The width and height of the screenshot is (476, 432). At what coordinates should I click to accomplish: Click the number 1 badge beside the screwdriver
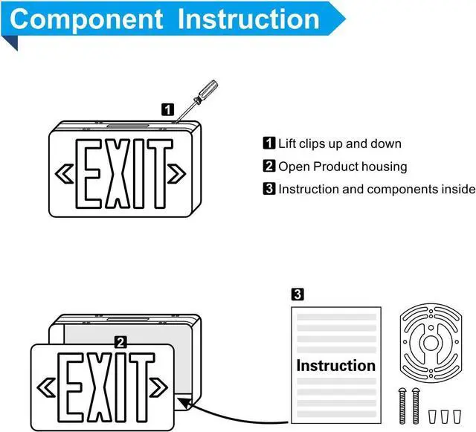[x=168, y=109]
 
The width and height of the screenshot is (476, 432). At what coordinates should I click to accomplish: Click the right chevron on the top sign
[x=177, y=173]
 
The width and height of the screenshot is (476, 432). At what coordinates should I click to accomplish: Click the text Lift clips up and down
[x=339, y=144]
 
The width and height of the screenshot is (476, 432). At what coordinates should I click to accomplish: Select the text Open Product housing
[x=342, y=167]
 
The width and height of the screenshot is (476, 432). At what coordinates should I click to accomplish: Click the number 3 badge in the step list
[x=269, y=189]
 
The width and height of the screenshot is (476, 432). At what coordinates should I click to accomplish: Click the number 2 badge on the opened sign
[x=120, y=342]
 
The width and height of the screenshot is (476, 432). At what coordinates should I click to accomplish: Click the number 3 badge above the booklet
[x=297, y=294]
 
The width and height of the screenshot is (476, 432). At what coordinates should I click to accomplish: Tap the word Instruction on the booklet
[x=335, y=365]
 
